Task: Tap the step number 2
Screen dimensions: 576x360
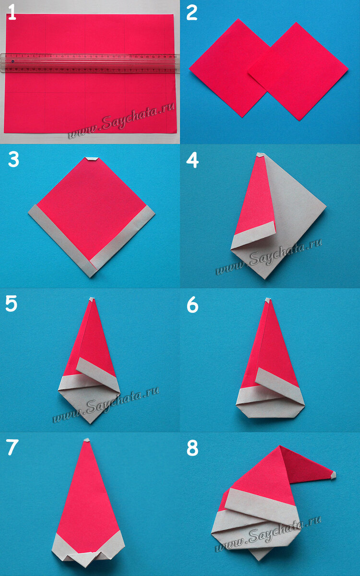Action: (192, 13)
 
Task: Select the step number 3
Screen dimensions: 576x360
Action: (13, 160)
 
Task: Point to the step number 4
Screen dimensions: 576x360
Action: (192, 160)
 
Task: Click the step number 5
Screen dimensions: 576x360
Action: (12, 304)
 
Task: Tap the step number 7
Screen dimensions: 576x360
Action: (12, 447)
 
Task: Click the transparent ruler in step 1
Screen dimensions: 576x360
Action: (89, 63)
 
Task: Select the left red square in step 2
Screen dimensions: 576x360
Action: (226, 67)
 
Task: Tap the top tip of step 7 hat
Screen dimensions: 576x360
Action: (86, 440)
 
